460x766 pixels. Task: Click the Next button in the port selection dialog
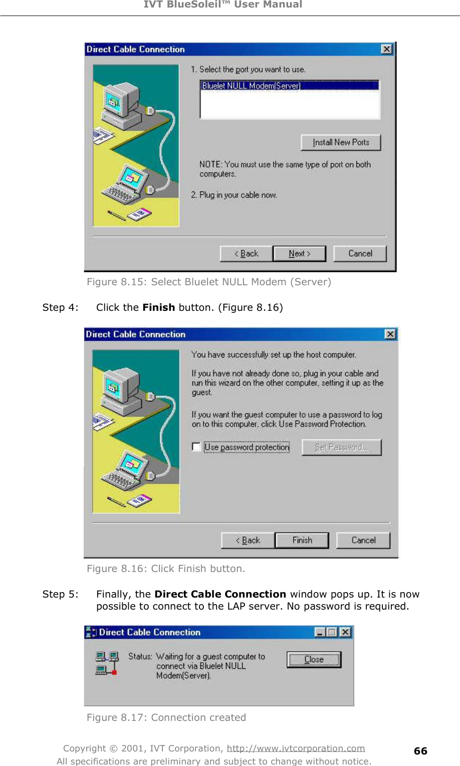pos(299,254)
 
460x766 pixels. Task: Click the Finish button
pos(302,540)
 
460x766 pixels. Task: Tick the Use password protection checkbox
pos(196,447)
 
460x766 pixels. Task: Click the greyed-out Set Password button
pos(341,447)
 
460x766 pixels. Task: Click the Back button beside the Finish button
pos(248,540)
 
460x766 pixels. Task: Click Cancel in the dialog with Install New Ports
pos(360,254)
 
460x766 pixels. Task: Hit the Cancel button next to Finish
pos(363,540)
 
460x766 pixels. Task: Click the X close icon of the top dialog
pos(387,49)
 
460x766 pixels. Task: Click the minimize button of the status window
pos(320,632)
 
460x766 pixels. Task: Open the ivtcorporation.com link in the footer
pos(296,748)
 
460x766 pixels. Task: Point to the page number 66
pos(420,751)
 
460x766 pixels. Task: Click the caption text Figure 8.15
pos(208,282)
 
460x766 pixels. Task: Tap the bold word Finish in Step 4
pos(158,307)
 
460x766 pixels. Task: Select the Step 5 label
pos(60,594)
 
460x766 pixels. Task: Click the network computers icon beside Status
pos(107,663)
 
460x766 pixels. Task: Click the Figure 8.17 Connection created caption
pos(166,717)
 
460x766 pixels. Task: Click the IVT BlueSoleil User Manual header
pos(223,5)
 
